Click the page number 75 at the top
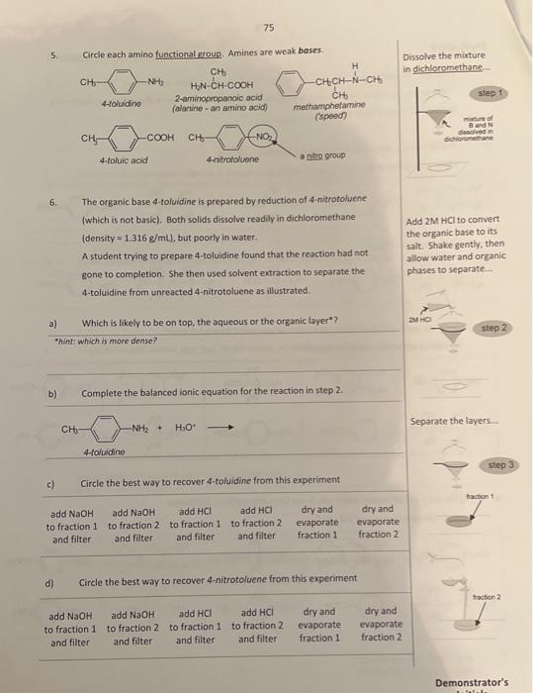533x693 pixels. coord(269,29)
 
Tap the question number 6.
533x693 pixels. coord(53,199)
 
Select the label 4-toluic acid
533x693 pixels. coord(124,159)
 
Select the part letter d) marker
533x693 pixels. coord(49,581)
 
